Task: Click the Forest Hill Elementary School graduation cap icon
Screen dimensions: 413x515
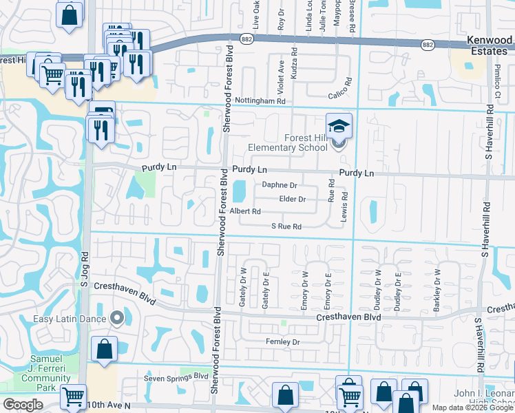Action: coord(339,126)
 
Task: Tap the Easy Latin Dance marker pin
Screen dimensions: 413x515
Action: coord(116,318)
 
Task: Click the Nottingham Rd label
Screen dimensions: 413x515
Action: coord(260,100)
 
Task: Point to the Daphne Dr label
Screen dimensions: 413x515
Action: coord(280,185)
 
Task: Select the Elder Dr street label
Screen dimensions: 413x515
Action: coord(293,199)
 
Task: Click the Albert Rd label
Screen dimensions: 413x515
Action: coord(245,211)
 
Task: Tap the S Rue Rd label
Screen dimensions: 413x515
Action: coord(286,226)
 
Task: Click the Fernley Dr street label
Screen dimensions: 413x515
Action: coord(284,342)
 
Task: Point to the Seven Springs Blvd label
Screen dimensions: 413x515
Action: coord(176,377)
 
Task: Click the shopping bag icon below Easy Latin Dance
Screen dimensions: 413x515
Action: coord(104,349)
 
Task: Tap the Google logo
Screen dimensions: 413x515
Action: coord(23,405)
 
